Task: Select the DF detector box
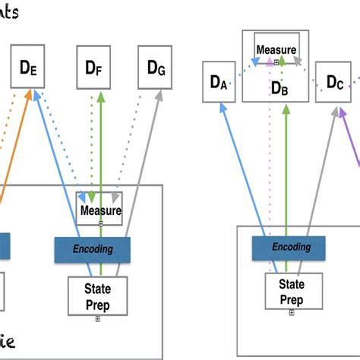[x=95, y=68]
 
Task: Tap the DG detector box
[x=155, y=66]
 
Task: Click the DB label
[x=279, y=88]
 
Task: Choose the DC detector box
[x=335, y=81]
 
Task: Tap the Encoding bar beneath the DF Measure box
[x=92, y=248]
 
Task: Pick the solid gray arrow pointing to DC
[x=319, y=175]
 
